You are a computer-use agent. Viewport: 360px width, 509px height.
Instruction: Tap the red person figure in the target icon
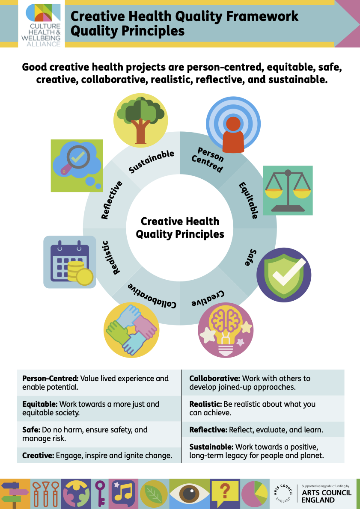[233, 133]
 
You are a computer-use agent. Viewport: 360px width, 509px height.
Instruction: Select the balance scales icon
[288, 190]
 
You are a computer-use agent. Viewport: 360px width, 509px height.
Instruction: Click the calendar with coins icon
[70, 262]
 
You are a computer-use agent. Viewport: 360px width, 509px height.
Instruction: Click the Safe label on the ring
[252, 257]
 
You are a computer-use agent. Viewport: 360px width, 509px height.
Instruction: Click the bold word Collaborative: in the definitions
[214, 379]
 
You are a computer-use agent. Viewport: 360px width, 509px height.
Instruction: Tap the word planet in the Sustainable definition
[312, 456]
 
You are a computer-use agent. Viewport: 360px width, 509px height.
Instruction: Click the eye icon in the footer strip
[189, 493]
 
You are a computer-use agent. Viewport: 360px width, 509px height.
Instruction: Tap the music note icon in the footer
[124, 493]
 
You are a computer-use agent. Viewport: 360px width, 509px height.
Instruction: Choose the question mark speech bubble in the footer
[225, 493]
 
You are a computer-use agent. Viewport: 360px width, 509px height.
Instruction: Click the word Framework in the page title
[258, 16]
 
